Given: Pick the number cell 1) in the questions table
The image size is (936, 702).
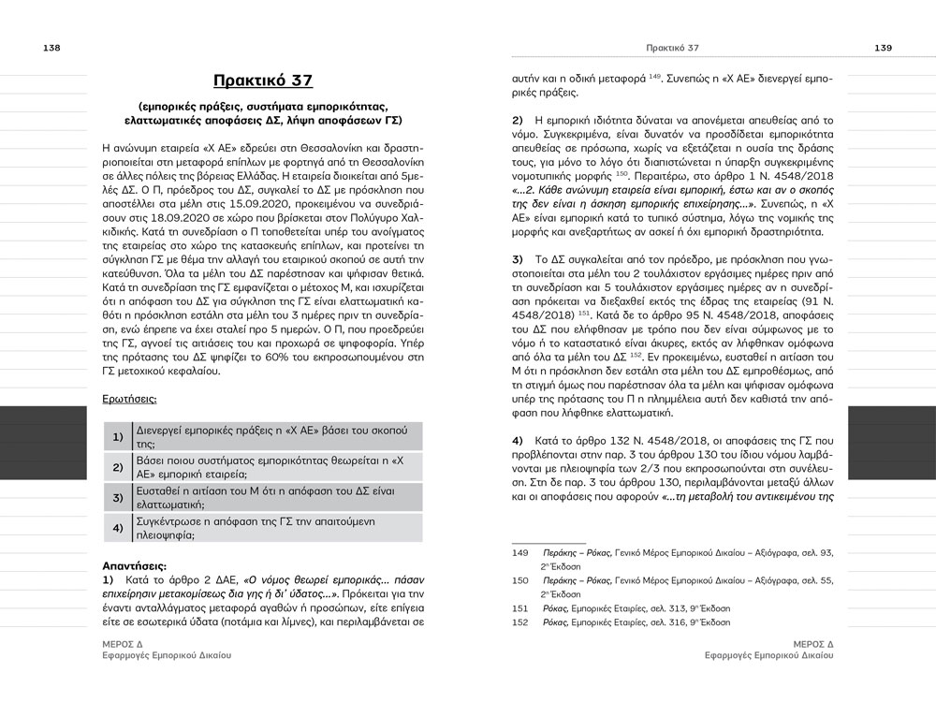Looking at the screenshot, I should (x=118, y=437).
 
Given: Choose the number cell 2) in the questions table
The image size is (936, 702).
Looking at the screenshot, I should (x=118, y=467).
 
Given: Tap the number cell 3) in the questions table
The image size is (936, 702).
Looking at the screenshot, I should (x=118, y=497).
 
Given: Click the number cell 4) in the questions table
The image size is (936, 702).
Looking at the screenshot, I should (x=118, y=527).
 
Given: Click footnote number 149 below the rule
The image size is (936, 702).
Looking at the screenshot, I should (x=520, y=554).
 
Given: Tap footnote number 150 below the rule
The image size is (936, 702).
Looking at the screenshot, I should (x=520, y=581).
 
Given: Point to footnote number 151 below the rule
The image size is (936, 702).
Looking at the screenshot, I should (x=520, y=607).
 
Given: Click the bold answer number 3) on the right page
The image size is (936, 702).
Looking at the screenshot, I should (x=518, y=257).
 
